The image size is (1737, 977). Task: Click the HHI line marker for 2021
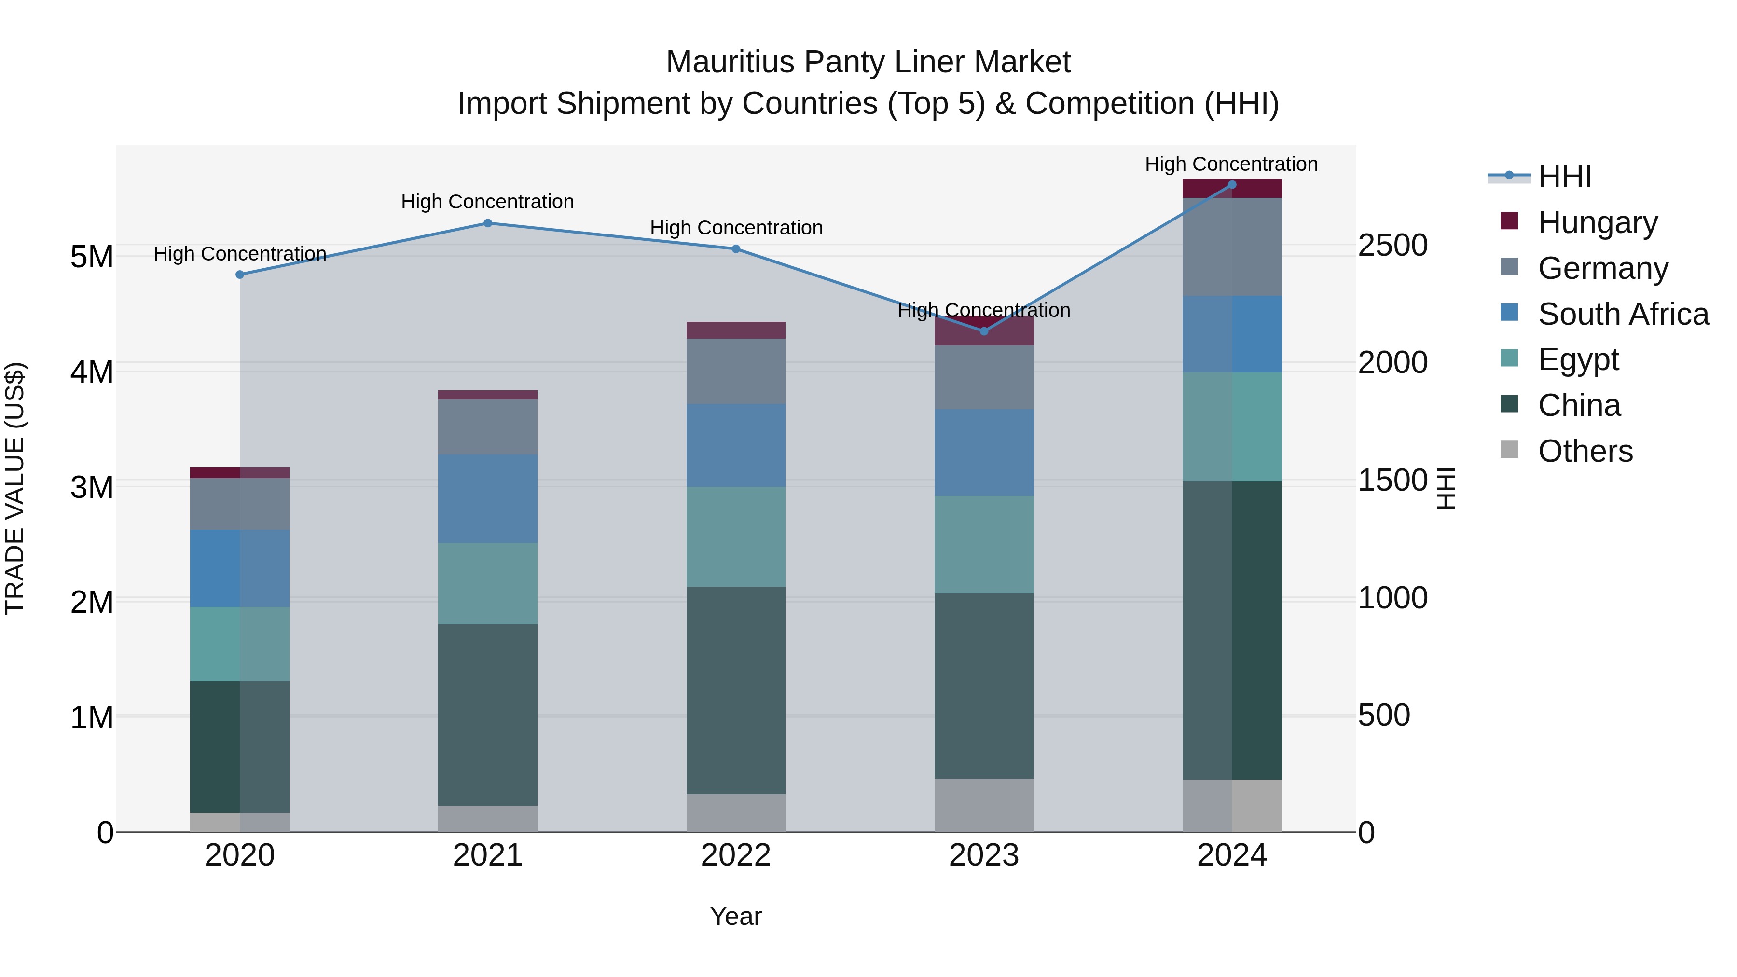click(487, 223)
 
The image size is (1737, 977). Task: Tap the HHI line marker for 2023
click(984, 331)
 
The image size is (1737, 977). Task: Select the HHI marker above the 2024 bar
click(1232, 185)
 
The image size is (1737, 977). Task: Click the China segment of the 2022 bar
click(736, 690)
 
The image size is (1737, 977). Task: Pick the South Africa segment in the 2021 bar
click(487, 498)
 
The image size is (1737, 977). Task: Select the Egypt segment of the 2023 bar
click(984, 545)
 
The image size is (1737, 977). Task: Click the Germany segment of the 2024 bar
click(1232, 247)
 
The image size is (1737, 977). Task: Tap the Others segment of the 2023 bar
click(984, 805)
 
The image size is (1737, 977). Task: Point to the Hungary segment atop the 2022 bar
click(736, 330)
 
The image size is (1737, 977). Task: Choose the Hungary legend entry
click(1597, 222)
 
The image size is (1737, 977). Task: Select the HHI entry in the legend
click(1564, 177)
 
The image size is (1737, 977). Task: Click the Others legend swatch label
click(1585, 451)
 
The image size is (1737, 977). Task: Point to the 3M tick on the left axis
click(92, 487)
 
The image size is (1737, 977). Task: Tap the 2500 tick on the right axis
click(1392, 246)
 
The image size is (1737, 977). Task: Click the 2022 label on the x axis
click(736, 855)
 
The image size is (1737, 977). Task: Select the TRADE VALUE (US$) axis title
click(15, 488)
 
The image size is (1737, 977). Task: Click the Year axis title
click(736, 916)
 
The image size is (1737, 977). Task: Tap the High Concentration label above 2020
click(240, 254)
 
